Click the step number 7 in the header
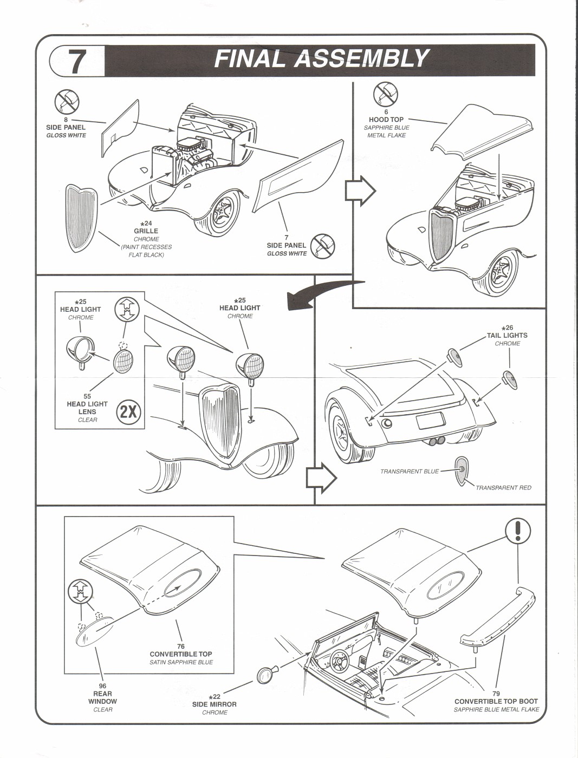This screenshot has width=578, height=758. (77, 61)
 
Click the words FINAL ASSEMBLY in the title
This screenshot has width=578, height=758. (322, 59)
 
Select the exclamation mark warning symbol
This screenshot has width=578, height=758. (518, 531)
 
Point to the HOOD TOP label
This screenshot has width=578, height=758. (386, 120)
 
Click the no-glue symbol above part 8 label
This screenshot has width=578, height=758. (67, 101)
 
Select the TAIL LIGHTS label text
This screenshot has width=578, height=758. (507, 335)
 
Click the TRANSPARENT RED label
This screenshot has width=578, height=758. (503, 488)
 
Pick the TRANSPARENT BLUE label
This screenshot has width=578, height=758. (410, 472)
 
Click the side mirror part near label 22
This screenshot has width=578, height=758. (265, 675)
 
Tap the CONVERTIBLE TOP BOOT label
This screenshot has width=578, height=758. (496, 701)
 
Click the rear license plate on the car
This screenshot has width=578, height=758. (430, 420)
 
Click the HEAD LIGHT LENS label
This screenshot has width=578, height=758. (87, 408)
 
